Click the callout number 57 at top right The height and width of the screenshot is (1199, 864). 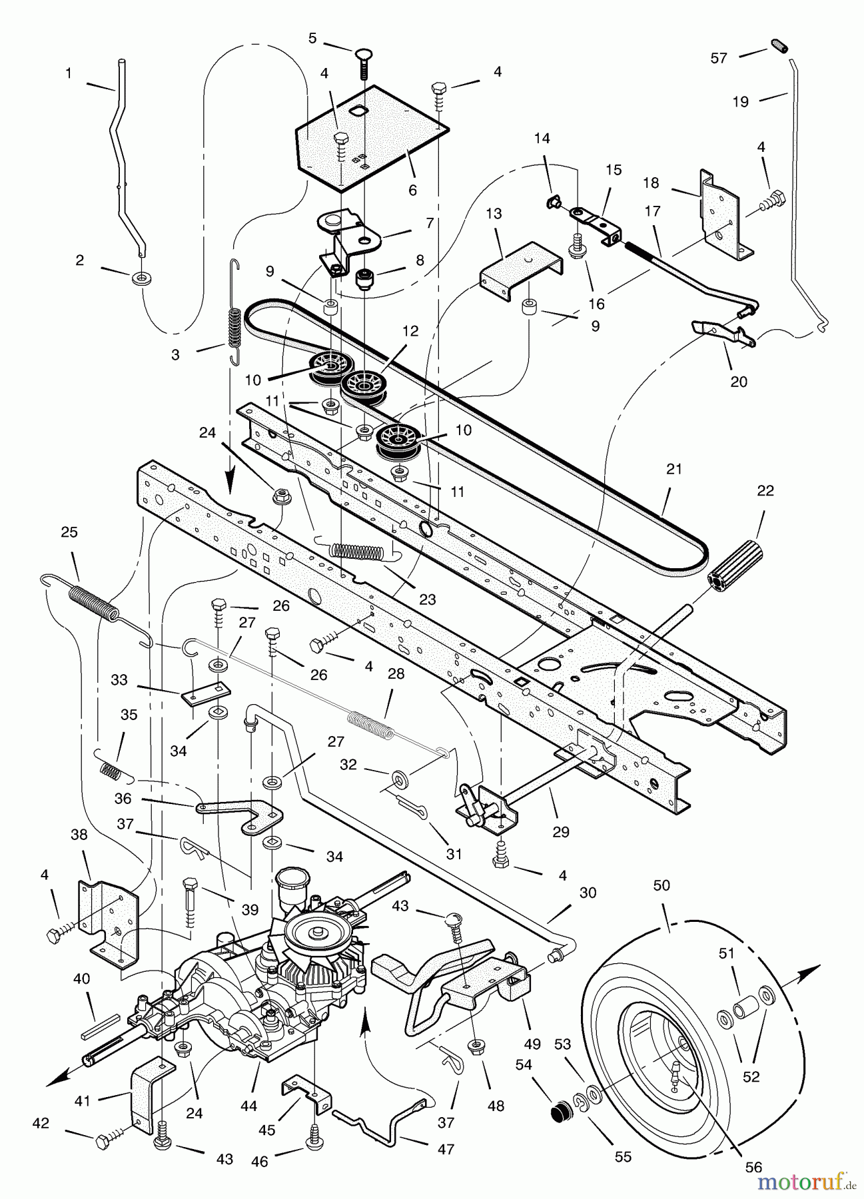pyautogui.click(x=719, y=59)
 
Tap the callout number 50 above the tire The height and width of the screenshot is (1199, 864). pyautogui.click(x=662, y=886)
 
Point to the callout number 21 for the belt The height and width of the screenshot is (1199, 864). pyautogui.click(x=674, y=469)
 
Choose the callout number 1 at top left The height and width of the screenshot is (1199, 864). pyautogui.click(x=69, y=74)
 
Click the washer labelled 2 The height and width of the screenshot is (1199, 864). pyautogui.click(x=141, y=276)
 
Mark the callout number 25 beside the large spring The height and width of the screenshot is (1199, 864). pyautogui.click(x=69, y=532)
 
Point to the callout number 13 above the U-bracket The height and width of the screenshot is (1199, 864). pyautogui.click(x=494, y=214)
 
